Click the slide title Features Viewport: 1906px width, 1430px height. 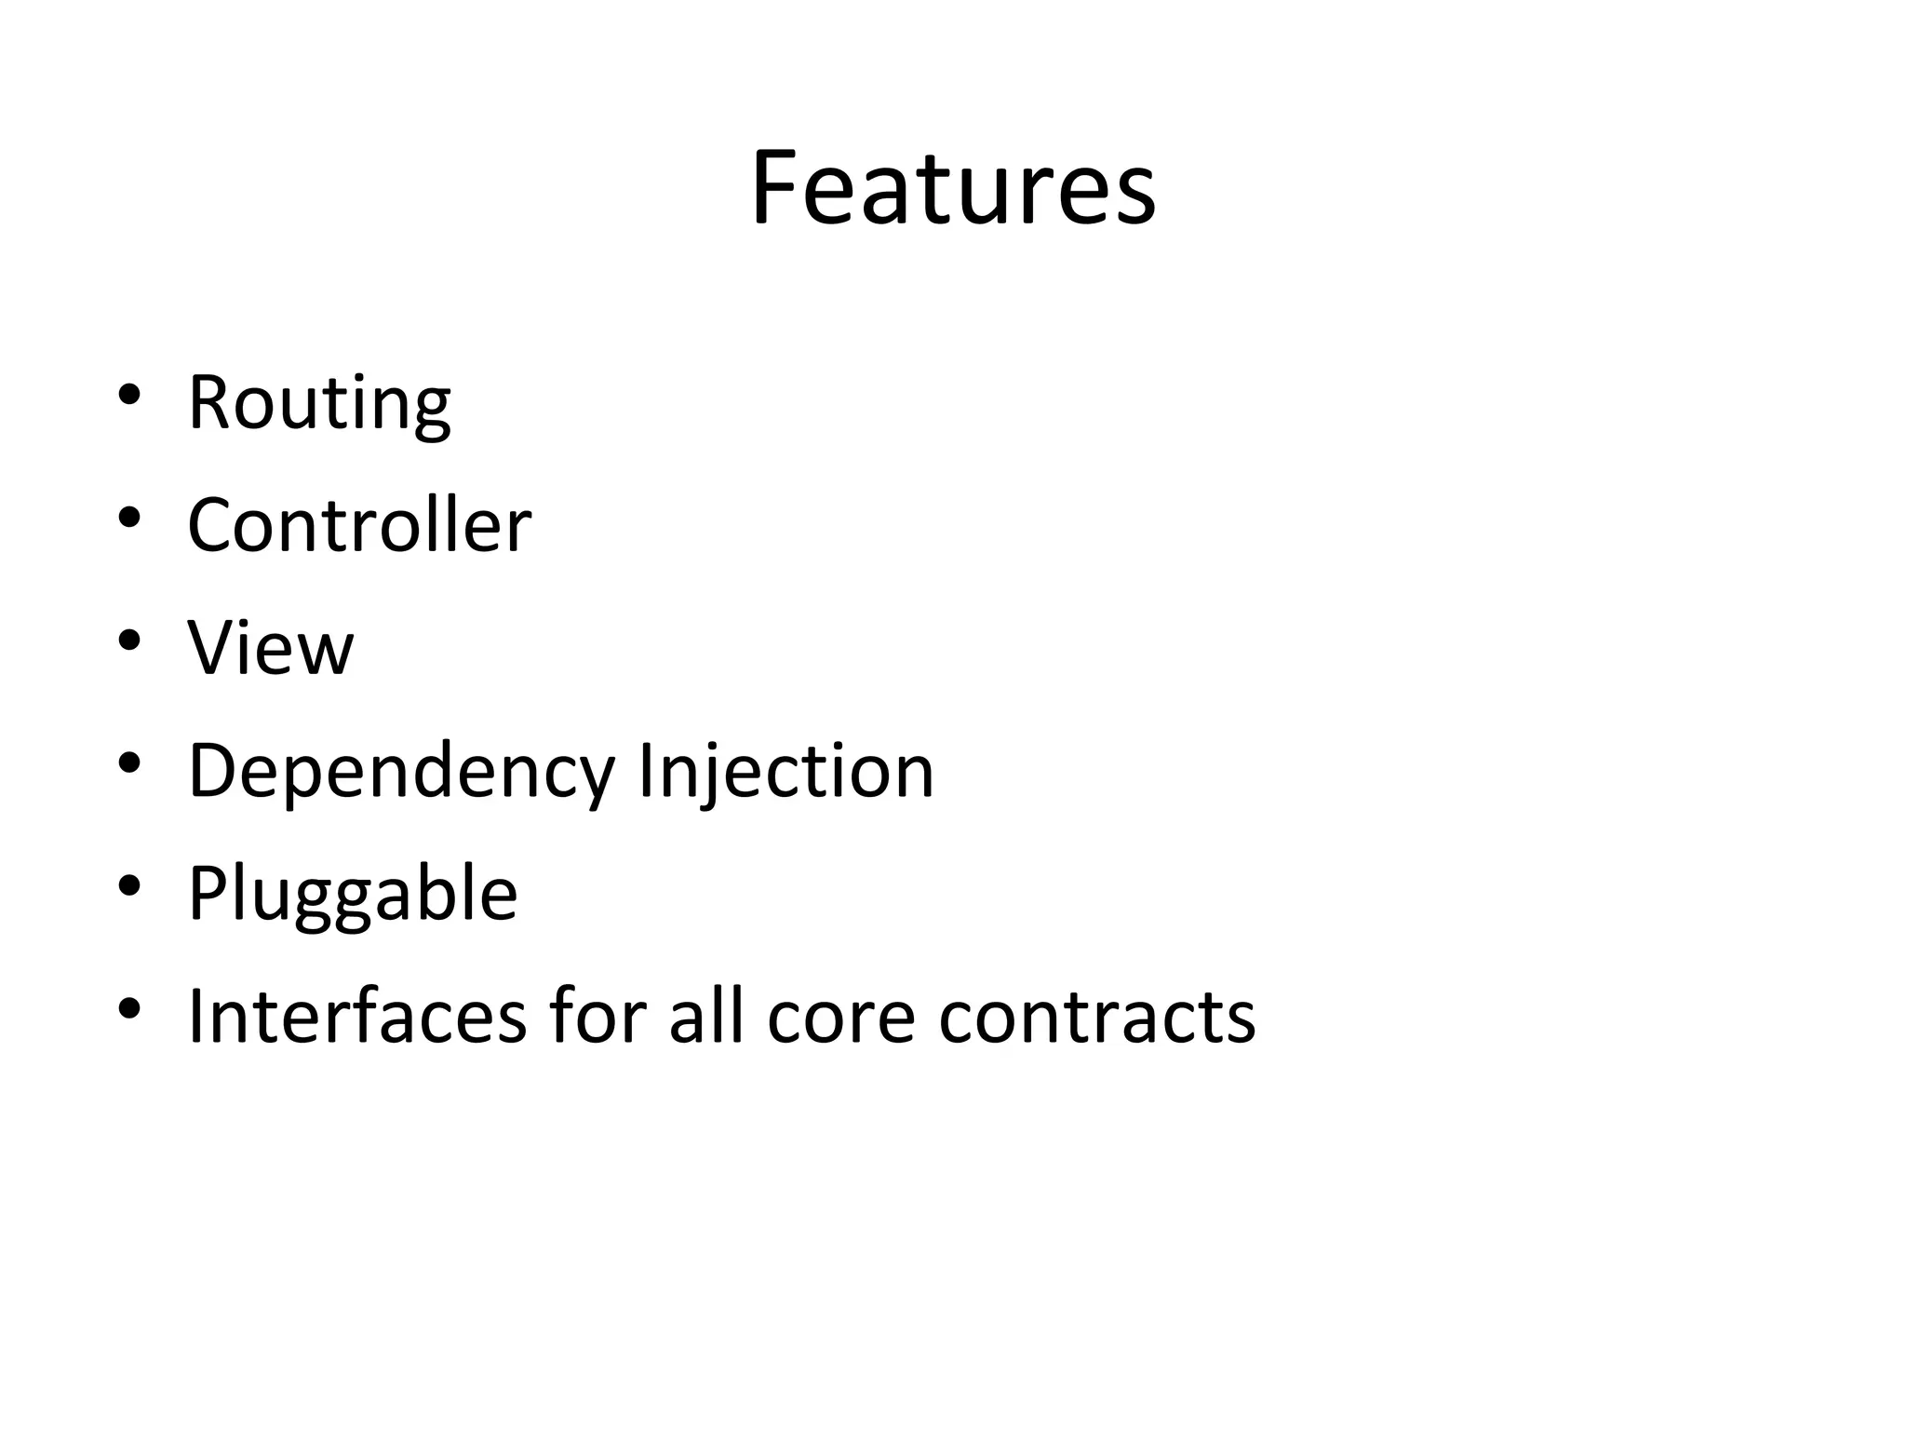tap(953, 188)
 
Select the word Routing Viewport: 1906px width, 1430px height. tap(319, 404)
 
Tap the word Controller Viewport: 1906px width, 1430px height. tap(359, 525)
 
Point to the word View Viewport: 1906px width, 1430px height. tap(271, 648)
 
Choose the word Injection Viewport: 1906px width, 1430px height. tap(785, 771)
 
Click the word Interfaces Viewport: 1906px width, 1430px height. tap(357, 1017)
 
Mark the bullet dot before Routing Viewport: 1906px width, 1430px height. tap(129, 394)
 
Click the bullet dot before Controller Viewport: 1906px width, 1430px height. tap(129, 517)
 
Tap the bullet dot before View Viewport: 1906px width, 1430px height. tap(129, 640)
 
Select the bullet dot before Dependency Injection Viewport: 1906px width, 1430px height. tap(129, 762)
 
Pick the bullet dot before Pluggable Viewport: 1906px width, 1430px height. tap(129, 885)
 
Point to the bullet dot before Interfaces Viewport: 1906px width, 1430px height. tap(129, 1008)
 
